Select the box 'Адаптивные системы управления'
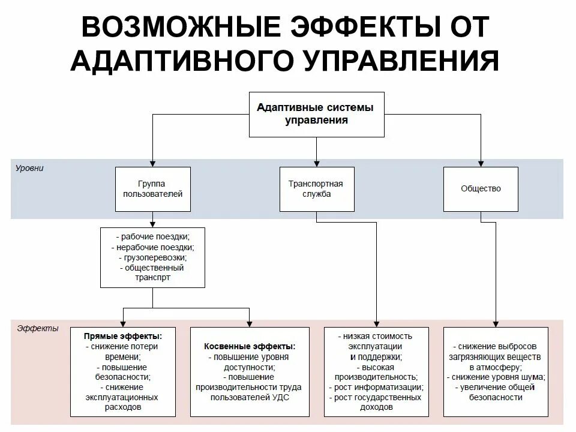tap(316, 113)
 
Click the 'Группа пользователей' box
tap(152, 189)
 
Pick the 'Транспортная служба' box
tap(316, 189)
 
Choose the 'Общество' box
tap(481, 189)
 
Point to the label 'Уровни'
tap(29, 169)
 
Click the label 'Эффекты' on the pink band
tap(38, 328)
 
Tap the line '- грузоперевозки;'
tap(153, 257)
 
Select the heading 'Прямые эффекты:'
tap(123, 337)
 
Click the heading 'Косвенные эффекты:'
tap(250, 347)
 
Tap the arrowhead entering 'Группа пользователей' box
tap(152, 163)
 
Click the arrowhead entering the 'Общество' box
tap(481, 163)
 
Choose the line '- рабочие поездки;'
tap(153, 237)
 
